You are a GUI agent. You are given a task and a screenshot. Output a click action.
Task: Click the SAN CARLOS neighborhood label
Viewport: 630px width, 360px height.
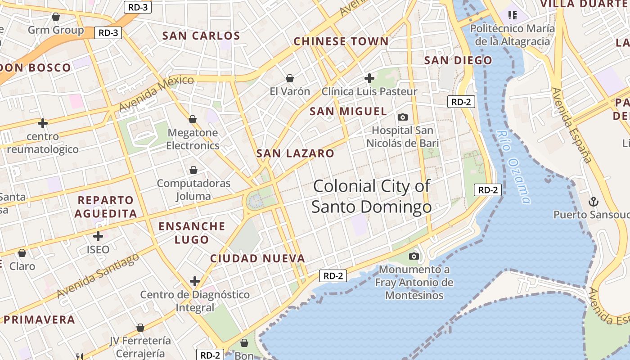click(201, 36)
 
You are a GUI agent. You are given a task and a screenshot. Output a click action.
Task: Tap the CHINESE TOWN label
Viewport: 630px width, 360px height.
click(341, 41)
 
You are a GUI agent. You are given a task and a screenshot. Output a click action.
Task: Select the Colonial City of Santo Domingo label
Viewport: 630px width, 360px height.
click(372, 196)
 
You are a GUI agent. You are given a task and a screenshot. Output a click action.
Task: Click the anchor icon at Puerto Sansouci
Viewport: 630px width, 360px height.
click(594, 201)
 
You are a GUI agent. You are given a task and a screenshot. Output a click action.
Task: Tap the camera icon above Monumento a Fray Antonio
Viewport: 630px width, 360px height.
click(414, 256)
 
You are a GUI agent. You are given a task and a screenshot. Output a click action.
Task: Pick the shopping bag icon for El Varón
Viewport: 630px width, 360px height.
click(290, 78)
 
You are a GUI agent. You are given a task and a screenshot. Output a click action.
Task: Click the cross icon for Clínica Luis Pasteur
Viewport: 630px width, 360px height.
click(369, 78)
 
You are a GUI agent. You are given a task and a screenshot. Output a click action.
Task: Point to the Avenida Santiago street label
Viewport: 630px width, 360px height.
click(98, 275)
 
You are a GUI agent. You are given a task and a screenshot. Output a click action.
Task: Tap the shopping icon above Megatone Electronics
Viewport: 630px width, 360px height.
click(193, 119)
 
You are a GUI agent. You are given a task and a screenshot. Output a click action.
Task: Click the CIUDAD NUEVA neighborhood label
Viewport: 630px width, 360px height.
click(258, 258)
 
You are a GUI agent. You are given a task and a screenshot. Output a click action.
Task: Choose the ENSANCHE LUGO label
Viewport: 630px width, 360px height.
click(192, 233)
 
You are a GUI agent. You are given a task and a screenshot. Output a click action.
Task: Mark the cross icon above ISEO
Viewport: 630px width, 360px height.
click(98, 236)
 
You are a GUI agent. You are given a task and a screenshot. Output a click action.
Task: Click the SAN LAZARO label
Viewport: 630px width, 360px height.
click(295, 153)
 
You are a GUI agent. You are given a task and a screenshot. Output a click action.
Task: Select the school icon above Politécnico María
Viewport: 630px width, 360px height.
click(512, 15)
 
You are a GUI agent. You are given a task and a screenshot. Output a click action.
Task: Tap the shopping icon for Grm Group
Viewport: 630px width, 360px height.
click(56, 17)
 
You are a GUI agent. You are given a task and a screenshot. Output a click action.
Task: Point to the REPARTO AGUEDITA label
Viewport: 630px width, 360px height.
click(106, 207)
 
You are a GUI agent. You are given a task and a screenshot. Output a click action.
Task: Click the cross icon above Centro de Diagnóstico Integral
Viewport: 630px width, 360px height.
click(195, 282)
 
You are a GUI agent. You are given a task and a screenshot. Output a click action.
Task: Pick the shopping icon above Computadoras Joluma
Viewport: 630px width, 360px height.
click(193, 170)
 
